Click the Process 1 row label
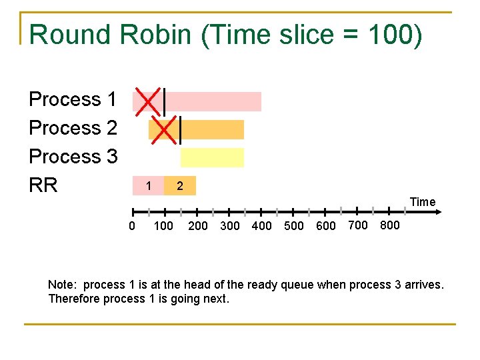pyautogui.click(x=73, y=99)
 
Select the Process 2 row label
pyautogui.click(x=73, y=127)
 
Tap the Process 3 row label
pyautogui.click(x=73, y=157)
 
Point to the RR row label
pyautogui.click(x=43, y=185)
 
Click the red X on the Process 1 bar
pyautogui.click(x=148, y=101)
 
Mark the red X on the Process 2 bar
pyautogui.click(x=164, y=129)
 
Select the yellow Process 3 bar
pyautogui.click(x=212, y=157)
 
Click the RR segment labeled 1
pyautogui.click(x=149, y=185)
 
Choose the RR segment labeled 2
pyautogui.click(x=180, y=186)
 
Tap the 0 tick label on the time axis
pyautogui.click(x=131, y=226)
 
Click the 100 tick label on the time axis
pyautogui.click(x=163, y=226)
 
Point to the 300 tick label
pyautogui.click(x=229, y=226)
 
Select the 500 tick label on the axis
pyautogui.click(x=293, y=226)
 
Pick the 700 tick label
pyautogui.click(x=358, y=225)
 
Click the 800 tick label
pyautogui.click(x=390, y=225)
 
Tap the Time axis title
pyautogui.click(x=423, y=202)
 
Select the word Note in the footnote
pyautogui.click(x=60, y=285)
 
